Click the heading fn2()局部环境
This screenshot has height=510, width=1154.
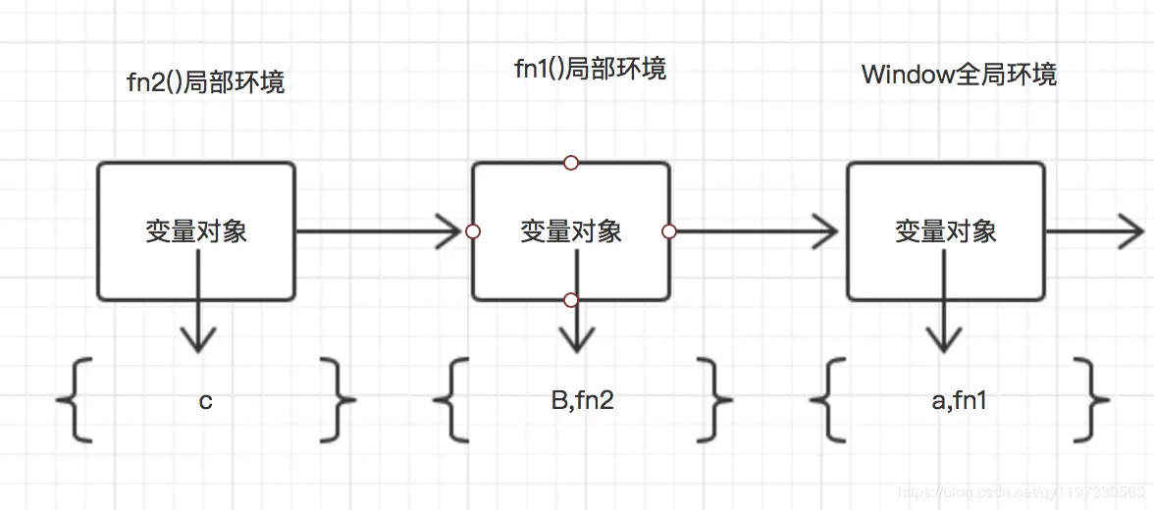coord(206,81)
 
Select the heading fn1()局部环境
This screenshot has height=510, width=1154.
coord(590,68)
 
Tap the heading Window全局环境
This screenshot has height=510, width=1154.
coord(959,75)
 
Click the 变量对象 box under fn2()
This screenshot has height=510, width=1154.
coord(196,231)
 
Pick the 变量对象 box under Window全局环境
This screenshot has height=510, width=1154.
coord(946,231)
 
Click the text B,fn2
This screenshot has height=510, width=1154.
coord(582,400)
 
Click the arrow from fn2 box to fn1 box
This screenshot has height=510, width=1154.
coord(378,231)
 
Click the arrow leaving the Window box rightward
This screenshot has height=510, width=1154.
coord(1094,231)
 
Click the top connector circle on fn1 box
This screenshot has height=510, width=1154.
coord(571,163)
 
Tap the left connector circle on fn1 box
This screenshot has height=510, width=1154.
coord(473,231)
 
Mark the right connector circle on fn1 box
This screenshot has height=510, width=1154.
coord(669,231)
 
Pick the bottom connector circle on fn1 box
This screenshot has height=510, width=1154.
coord(571,299)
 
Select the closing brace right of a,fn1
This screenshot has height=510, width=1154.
coord(1090,399)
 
